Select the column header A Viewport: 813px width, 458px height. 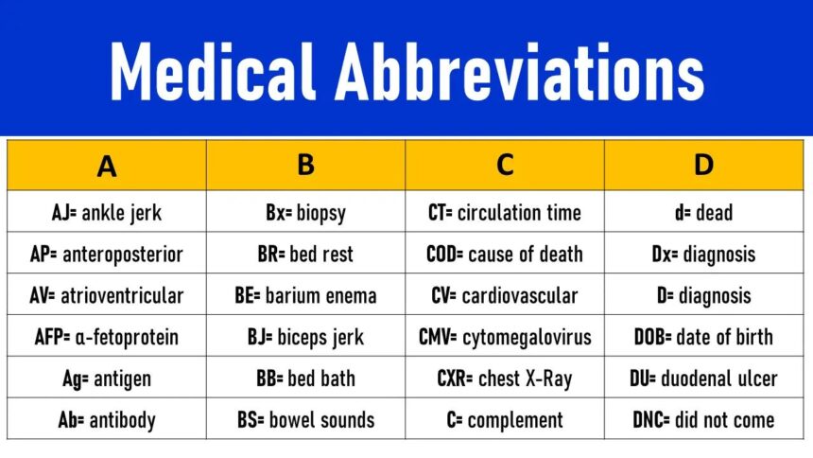(107, 166)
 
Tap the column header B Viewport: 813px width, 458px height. (305, 165)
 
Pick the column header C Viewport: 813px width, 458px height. (505, 165)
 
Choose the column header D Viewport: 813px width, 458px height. (703, 165)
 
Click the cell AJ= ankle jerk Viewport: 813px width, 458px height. (107, 213)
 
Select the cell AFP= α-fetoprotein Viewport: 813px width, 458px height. (107, 337)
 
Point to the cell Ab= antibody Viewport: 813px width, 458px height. (107, 419)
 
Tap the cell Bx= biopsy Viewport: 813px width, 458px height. (305, 213)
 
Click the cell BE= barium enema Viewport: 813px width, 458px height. (305, 295)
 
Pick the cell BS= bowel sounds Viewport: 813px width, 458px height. (305, 419)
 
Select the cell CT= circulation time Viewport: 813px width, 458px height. (505, 213)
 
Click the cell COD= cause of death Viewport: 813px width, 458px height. (505, 255)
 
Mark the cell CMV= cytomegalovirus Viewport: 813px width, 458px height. (505, 337)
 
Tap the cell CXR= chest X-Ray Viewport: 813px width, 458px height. (505, 379)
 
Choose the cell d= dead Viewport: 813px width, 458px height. (703, 213)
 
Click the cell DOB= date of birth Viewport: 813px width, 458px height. (703, 337)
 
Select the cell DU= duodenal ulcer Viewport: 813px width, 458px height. (703, 379)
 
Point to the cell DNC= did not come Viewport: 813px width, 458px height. (703, 419)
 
